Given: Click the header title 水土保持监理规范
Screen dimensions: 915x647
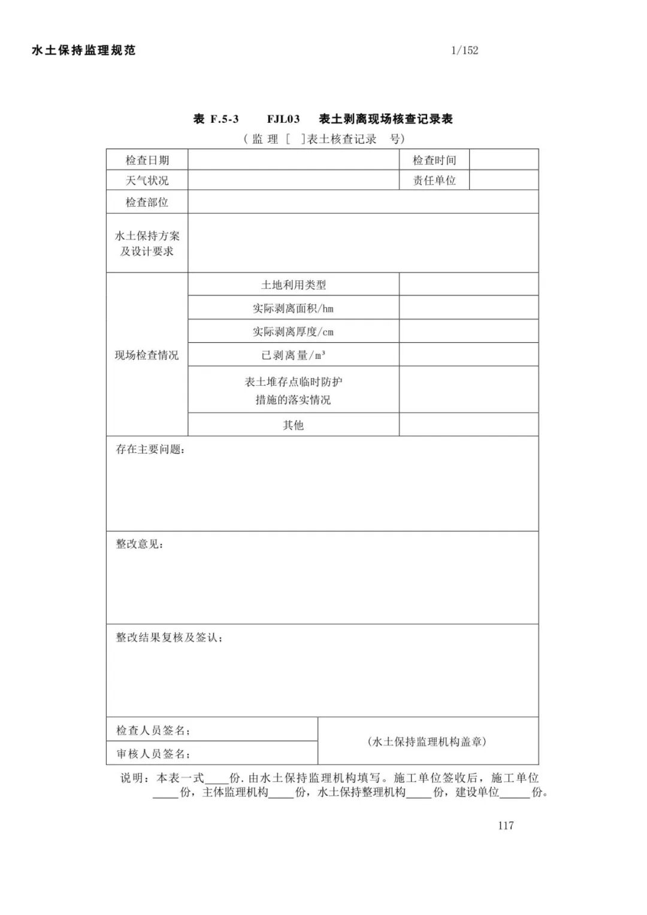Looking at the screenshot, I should (84, 50).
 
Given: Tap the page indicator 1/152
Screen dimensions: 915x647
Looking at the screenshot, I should (465, 50).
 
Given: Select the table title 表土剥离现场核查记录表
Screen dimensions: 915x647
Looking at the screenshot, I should (386, 119).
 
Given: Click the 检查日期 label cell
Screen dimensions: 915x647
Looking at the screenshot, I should (147, 160).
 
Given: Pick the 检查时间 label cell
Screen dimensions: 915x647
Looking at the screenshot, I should (434, 160).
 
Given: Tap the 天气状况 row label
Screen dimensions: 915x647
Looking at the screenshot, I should (147, 180).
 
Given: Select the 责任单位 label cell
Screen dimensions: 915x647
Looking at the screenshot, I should (434, 180).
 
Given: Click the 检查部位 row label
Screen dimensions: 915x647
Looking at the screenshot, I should (147, 202).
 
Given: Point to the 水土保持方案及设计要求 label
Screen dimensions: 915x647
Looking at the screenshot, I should (147, 243).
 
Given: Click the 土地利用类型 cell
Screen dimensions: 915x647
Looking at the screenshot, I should (294, 285).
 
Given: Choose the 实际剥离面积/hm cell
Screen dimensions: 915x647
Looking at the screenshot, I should (294, 309).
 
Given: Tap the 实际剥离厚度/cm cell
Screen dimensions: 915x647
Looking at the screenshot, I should (294, 331).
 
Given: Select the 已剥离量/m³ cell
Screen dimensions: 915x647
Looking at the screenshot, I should (294, 355).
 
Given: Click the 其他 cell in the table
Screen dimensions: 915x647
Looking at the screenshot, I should (294, 425).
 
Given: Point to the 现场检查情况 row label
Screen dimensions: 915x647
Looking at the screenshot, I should (147, 355).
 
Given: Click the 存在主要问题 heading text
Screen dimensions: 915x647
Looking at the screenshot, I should (150, 449).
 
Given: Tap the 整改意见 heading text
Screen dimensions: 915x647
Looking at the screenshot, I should (140, 543).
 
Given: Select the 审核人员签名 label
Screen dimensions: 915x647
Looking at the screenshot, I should (153, 753).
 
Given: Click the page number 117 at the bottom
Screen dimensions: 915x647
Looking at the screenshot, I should (506, 825).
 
